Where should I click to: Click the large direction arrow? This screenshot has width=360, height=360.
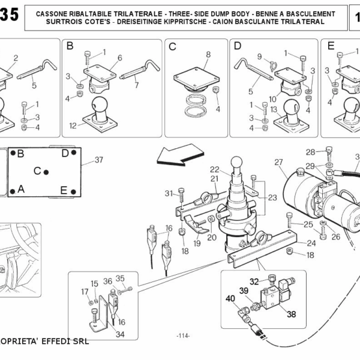[x=180, y=155]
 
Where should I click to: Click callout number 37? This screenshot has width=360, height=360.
[x=99, y=160]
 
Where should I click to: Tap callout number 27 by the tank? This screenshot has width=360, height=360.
[x=278, y=163]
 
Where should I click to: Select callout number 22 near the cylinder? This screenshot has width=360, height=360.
[x=214, y=169]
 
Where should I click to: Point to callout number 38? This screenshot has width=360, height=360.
[x=292, y=314]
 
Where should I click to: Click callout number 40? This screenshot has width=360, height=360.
[x=230, y=298]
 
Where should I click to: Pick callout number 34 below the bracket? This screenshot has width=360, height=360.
[x=120, y=334]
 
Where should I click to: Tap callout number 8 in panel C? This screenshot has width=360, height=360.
[x=208, y=55]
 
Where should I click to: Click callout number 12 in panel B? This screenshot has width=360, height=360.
[x=73, y=125]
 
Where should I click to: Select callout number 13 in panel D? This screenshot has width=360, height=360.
[x=274, y=110]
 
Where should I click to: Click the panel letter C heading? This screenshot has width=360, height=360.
[x=172, y=47]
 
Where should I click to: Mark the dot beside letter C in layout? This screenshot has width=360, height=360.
[x=46, y=172]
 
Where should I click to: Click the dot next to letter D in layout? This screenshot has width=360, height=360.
[x=74, y=152]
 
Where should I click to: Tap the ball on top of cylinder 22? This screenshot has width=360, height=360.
[x=236, y=162]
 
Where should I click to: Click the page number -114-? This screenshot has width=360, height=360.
[x=183, y=336]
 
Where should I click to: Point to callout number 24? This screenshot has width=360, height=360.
[x=311, y=243]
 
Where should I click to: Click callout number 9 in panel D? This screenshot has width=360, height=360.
[x=259, y=56]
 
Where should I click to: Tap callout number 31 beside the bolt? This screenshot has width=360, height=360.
[x=169, y=193]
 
